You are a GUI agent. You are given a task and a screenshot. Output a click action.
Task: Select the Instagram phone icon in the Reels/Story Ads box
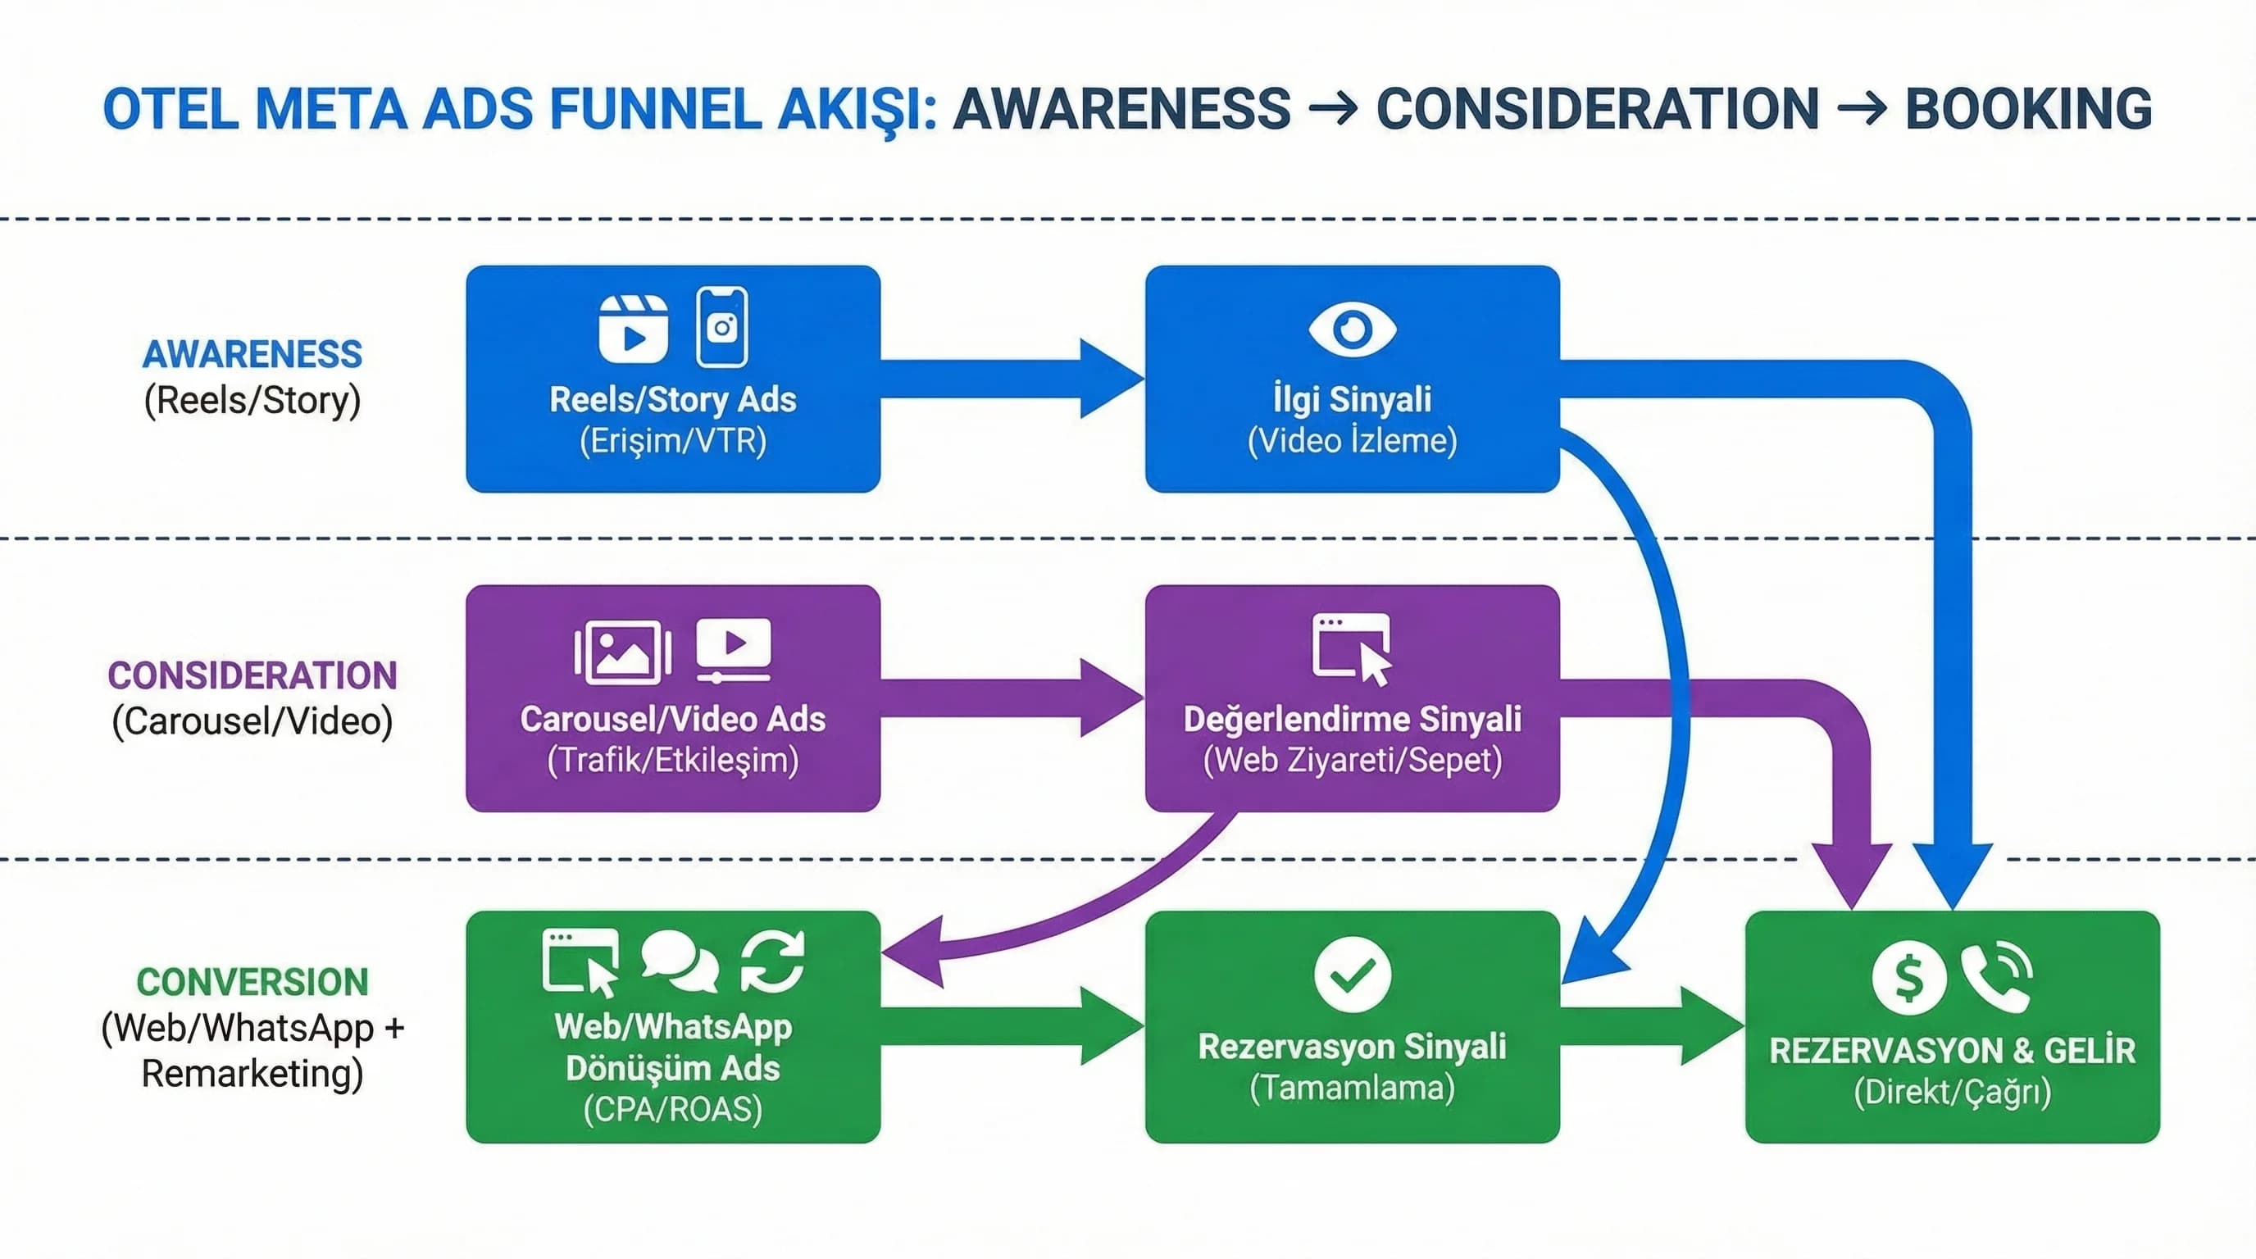coord(721,326)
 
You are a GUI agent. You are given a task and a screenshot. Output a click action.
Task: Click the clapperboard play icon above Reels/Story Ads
coord(633,329)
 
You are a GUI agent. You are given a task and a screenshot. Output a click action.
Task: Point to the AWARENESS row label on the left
coord(252,354)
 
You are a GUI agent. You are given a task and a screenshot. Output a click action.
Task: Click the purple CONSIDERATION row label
coord(252,675)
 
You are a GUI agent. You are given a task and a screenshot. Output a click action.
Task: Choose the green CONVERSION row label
coord(252,981)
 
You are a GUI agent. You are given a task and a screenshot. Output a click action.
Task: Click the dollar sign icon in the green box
coord(1909,977)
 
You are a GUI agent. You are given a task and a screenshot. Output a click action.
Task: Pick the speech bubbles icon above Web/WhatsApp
coord(680,961)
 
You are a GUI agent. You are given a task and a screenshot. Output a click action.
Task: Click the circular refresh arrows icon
coord(771,961)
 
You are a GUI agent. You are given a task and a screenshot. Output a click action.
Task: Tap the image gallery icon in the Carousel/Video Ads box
coord(623,652)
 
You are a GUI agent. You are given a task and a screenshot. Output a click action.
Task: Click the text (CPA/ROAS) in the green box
coord(672,1109)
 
